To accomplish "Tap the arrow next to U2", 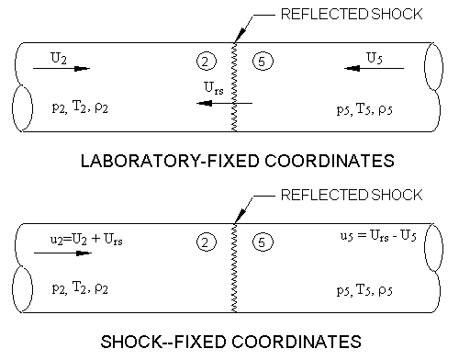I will point(73,68).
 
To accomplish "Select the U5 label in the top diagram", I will point(375,57).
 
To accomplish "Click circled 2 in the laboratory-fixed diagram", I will point(206,62).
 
